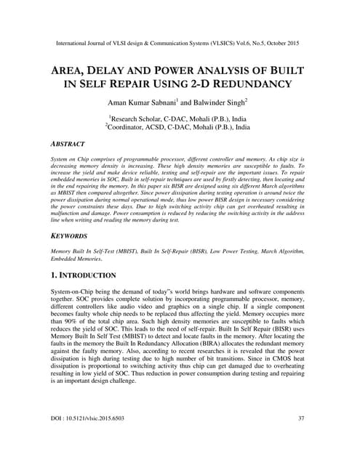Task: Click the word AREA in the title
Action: coord(74,70)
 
